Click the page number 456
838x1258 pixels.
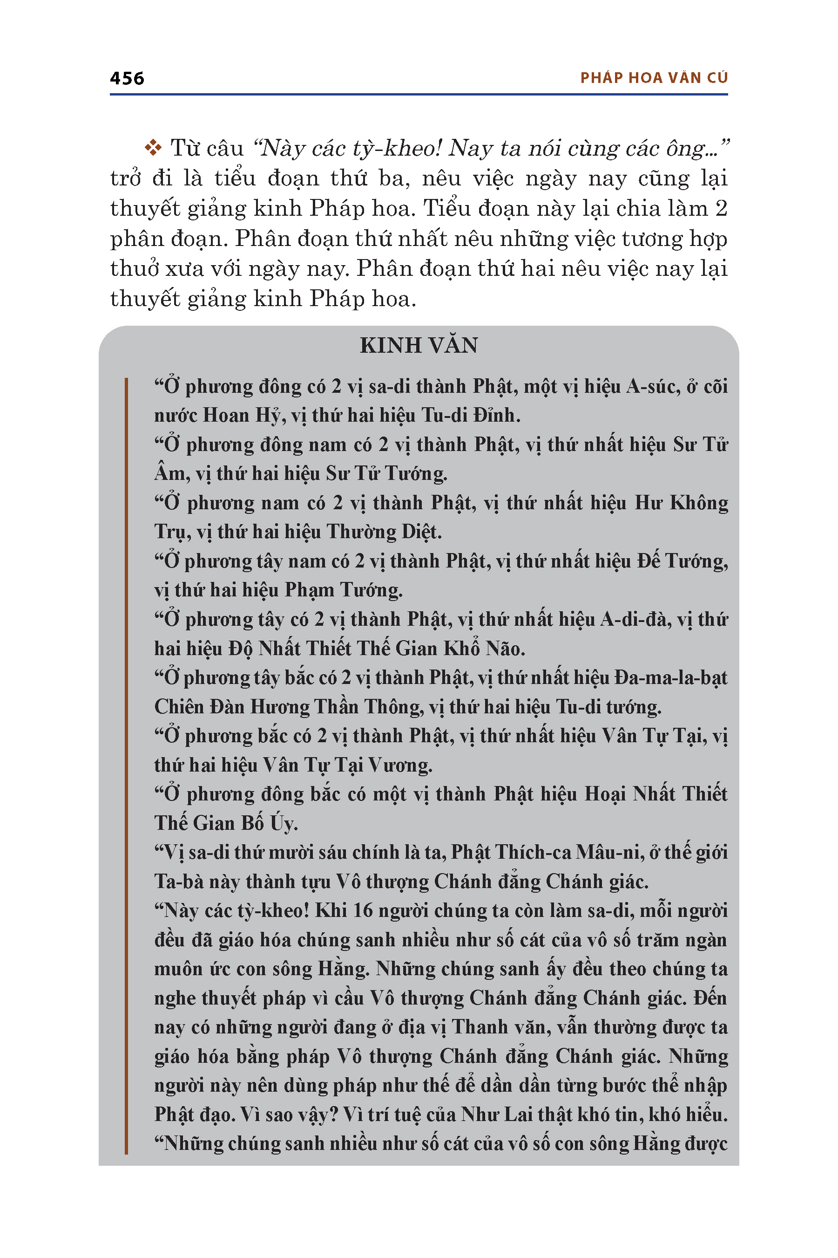click(127, 78)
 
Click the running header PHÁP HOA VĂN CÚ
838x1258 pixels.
click(654, 78)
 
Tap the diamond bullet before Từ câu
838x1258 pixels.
click(153, 148)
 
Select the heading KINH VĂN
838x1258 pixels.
click(419, 346)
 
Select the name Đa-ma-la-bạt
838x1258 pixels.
click(671, 677)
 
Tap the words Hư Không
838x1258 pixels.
click(681, 503)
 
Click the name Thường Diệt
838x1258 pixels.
click(384, 532)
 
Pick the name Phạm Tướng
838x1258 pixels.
click(343, 590)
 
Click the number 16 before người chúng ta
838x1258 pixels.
click(363, 910)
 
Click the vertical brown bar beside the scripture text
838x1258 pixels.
click(126, 765)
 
